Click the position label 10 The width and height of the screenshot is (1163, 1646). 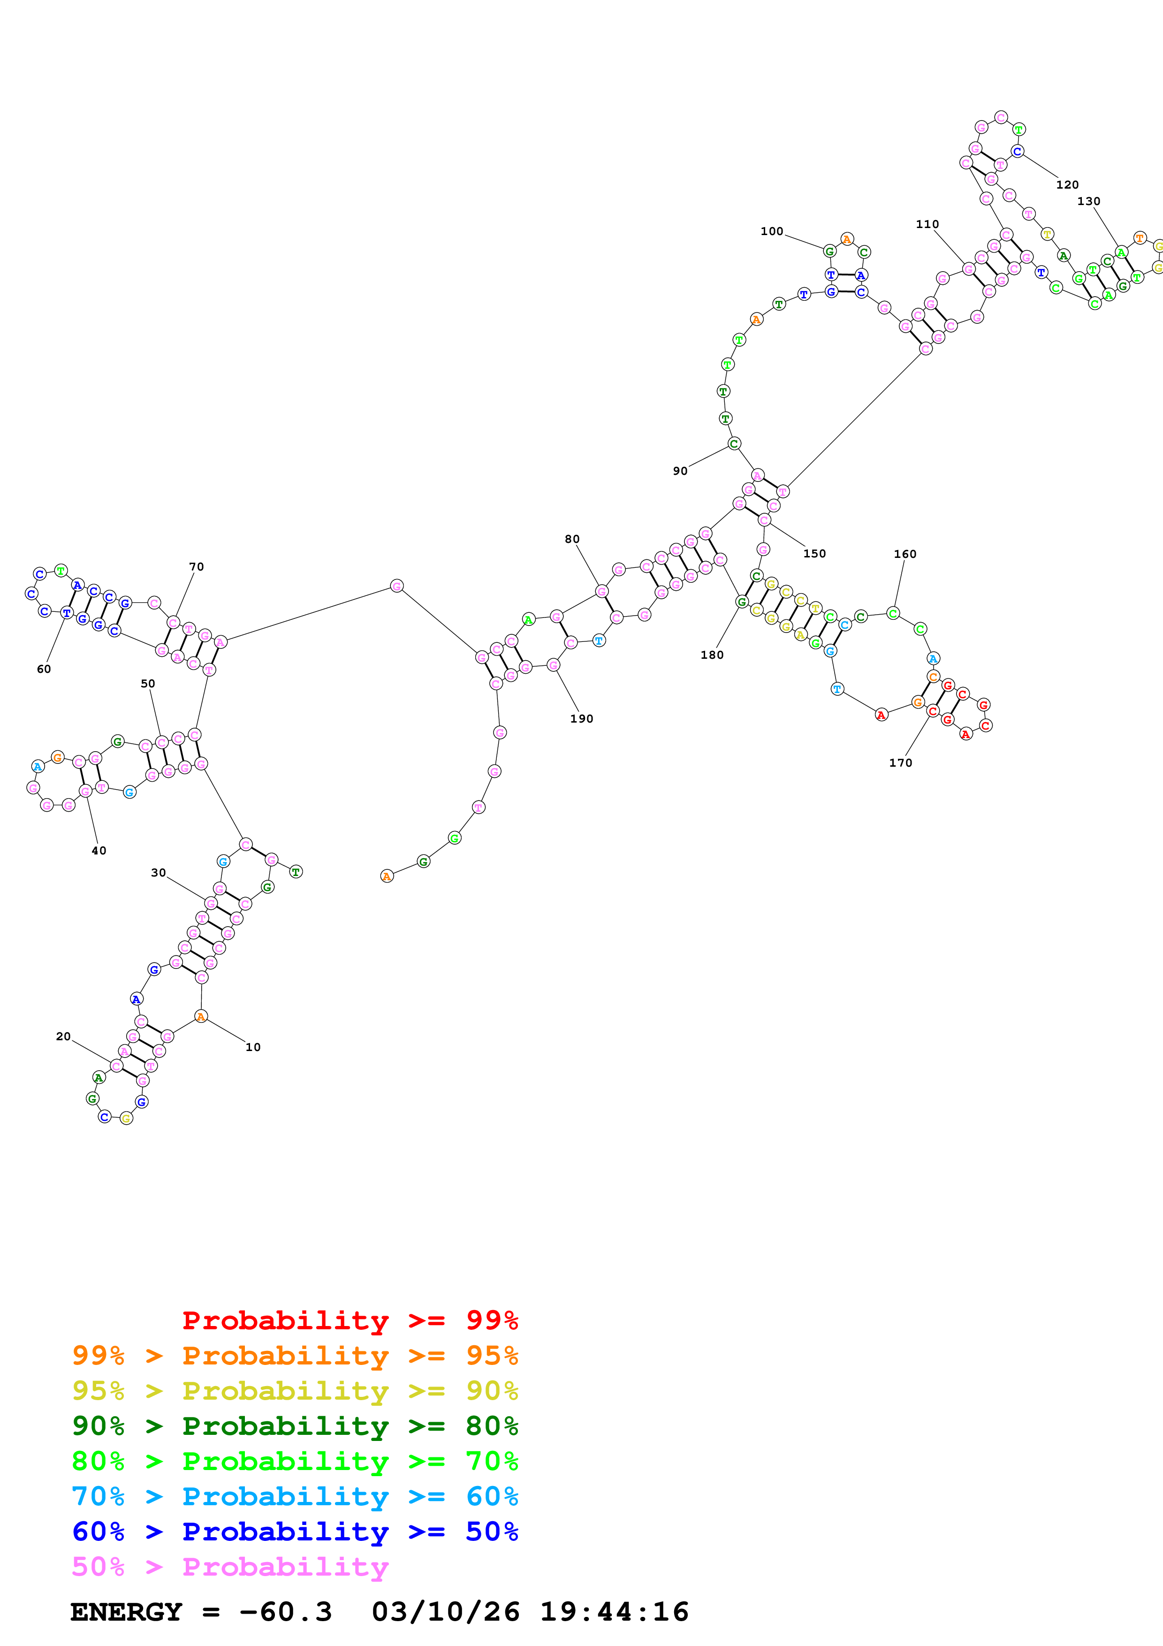pos(253,1047)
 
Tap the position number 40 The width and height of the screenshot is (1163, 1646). pos(99,851)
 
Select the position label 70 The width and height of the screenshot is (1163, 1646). pos(197,567)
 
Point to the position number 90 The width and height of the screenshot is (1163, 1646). pos(680,471)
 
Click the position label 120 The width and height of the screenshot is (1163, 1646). pos(1067,185)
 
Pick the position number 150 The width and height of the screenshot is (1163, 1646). pos(814,554)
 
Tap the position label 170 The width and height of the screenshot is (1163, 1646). pos(901,763)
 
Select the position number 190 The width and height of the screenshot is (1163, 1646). pos(581,719)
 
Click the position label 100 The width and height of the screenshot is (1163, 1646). pos(772,232)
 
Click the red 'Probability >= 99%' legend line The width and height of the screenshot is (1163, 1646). pos(350,1320)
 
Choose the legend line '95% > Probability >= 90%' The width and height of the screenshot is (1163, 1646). pos(295,1391)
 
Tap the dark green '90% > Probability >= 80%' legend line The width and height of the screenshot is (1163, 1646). pos(295,1426)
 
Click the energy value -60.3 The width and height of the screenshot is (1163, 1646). pos(286,1612)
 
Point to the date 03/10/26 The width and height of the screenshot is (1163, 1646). pos(446,1612)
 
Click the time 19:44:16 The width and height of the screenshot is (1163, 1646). pos(614,1612)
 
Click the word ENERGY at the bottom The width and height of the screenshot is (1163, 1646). pos(126,1612)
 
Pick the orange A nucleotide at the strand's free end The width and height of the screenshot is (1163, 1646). pos(387,876)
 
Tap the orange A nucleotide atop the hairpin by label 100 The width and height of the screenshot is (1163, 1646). pos(847,239)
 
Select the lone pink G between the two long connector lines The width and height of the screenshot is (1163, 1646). pos(396,586)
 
